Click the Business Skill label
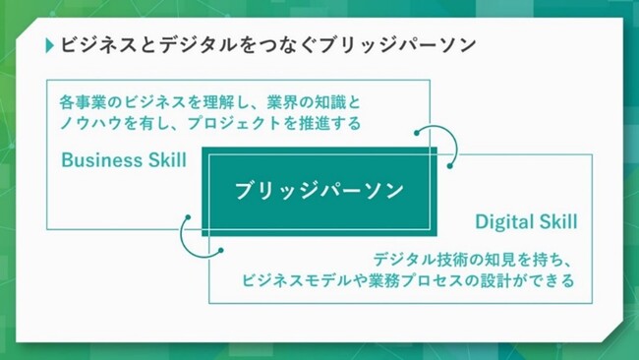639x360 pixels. tap(124, 160)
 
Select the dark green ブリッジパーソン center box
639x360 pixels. tap(319, 191)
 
